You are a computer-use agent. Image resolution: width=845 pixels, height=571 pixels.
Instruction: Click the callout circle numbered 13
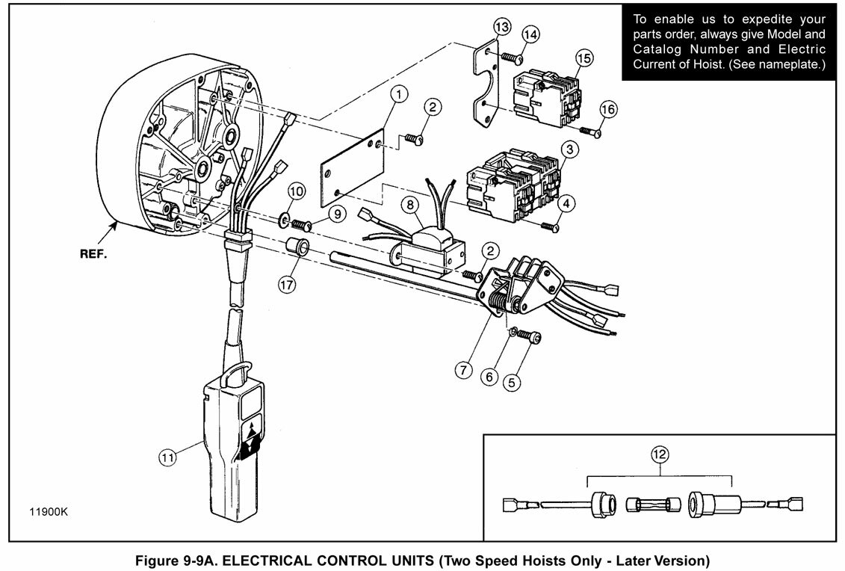coord(501,26)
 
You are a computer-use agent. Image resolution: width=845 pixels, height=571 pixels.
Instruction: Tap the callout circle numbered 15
coord(584,57)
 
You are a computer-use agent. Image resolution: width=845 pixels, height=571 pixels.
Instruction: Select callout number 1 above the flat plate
coord(398,94)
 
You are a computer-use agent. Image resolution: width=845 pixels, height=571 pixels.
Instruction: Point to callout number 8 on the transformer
coord(410,205)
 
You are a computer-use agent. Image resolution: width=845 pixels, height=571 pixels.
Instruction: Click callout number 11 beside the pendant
coord(167,457)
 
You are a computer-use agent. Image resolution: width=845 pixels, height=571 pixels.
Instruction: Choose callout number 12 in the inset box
coord(660,454)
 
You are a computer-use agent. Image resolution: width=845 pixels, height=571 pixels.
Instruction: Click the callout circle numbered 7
coord(463,370)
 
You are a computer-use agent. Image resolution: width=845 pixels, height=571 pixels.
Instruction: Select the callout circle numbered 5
coord(512,382)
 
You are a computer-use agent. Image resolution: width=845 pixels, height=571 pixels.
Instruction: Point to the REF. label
coord(93,255)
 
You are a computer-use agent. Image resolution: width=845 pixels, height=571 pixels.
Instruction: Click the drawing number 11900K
coord(49,512)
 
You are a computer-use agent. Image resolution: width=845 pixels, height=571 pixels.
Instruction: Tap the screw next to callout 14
coord(513,57)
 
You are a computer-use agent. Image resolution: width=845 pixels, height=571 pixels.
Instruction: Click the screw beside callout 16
coord(590,131)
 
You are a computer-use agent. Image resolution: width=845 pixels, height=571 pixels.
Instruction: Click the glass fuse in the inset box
coord(653,505)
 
